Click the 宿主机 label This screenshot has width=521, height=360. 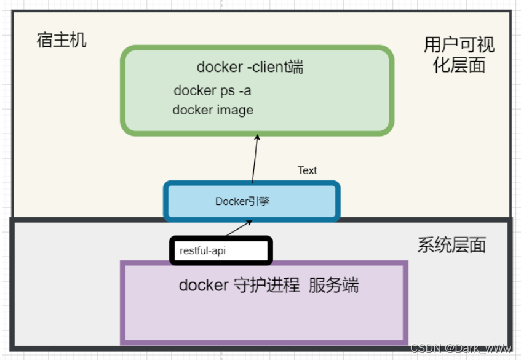pos(62,41)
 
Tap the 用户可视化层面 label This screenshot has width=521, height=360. pos(459,54)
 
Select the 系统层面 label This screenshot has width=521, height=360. pos(451,245)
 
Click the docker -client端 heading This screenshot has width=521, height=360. pos(250,67)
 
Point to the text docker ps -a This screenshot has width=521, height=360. pos(212,90)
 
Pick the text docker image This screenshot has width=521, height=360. pos(212,110)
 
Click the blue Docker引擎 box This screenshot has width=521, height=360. pos(251,201)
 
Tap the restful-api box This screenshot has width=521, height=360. pos(220,251)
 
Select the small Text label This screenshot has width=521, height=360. pos(307,170)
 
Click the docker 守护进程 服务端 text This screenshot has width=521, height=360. pos(268,286)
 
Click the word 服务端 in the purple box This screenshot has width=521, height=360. pos(333,286)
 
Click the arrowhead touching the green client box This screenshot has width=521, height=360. pos(257,138)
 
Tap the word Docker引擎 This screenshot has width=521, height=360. pos(242,201)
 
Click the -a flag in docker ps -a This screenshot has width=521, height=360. pos(245,90)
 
